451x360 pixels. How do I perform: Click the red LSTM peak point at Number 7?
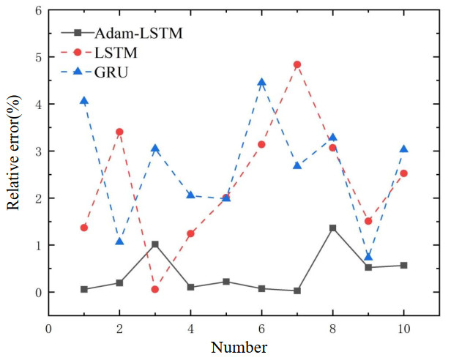click(297, 64)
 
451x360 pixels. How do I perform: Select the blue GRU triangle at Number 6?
click(261, 83)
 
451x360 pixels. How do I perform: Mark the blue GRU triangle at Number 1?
click(84, 101)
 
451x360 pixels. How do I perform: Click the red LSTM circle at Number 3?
click(155, 289)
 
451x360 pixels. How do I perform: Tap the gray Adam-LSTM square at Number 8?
click(332, 228)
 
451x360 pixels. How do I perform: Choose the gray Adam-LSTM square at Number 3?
click(155, 244)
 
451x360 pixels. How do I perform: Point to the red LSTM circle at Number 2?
click(119, 132)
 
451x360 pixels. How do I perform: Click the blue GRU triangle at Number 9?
click(368, 257)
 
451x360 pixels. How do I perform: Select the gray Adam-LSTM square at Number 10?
click(403, 266)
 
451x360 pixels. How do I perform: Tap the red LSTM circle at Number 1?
click(84, 228)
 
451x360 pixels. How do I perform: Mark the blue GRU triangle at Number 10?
click(403, 149)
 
